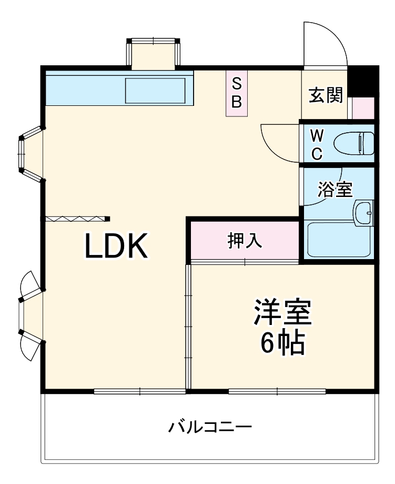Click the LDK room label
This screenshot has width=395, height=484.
(116, 246)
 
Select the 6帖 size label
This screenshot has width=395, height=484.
(283, 344)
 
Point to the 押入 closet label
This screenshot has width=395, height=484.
(245, 241)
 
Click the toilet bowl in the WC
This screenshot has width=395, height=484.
(353, 143)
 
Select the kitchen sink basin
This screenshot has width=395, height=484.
(155, 90)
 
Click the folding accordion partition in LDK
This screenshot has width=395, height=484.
(77, 219)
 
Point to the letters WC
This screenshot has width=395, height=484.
(317, 144)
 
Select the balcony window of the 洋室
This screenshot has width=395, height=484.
(277, 391)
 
